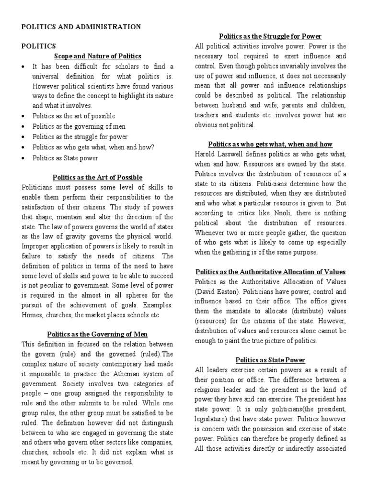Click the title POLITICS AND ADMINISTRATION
point(81,27)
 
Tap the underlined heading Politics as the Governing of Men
point(97,334)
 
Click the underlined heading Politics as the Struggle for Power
point(270,36)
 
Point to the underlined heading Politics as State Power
point(270,360)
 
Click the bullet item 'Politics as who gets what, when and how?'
point(93,147)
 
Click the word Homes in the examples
point(32,314)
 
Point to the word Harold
point(206,154)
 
